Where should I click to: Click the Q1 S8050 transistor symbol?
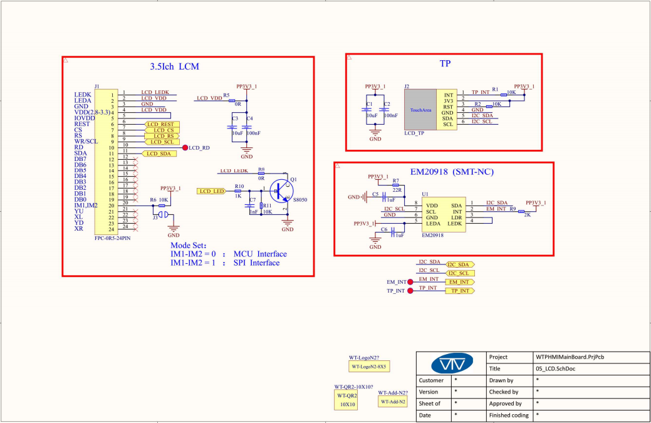[x=282, y=190]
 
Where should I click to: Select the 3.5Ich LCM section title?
[x=175, y=66]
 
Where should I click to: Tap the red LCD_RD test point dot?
[x=185, y=148]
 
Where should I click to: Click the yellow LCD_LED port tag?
[x=211, y=191]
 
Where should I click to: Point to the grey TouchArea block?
[x=420, y=109]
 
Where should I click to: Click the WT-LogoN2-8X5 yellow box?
[x=369, y=366]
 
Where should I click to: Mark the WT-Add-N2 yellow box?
[x=393, y=401]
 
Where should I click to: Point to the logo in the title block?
[x=451, y=363]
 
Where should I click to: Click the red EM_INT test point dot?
[x=410, y=282]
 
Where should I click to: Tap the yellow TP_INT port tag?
[x=459, y=291]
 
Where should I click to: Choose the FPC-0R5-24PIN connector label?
[x=113, y=239]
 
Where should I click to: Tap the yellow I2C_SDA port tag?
[x=459, y=264]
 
